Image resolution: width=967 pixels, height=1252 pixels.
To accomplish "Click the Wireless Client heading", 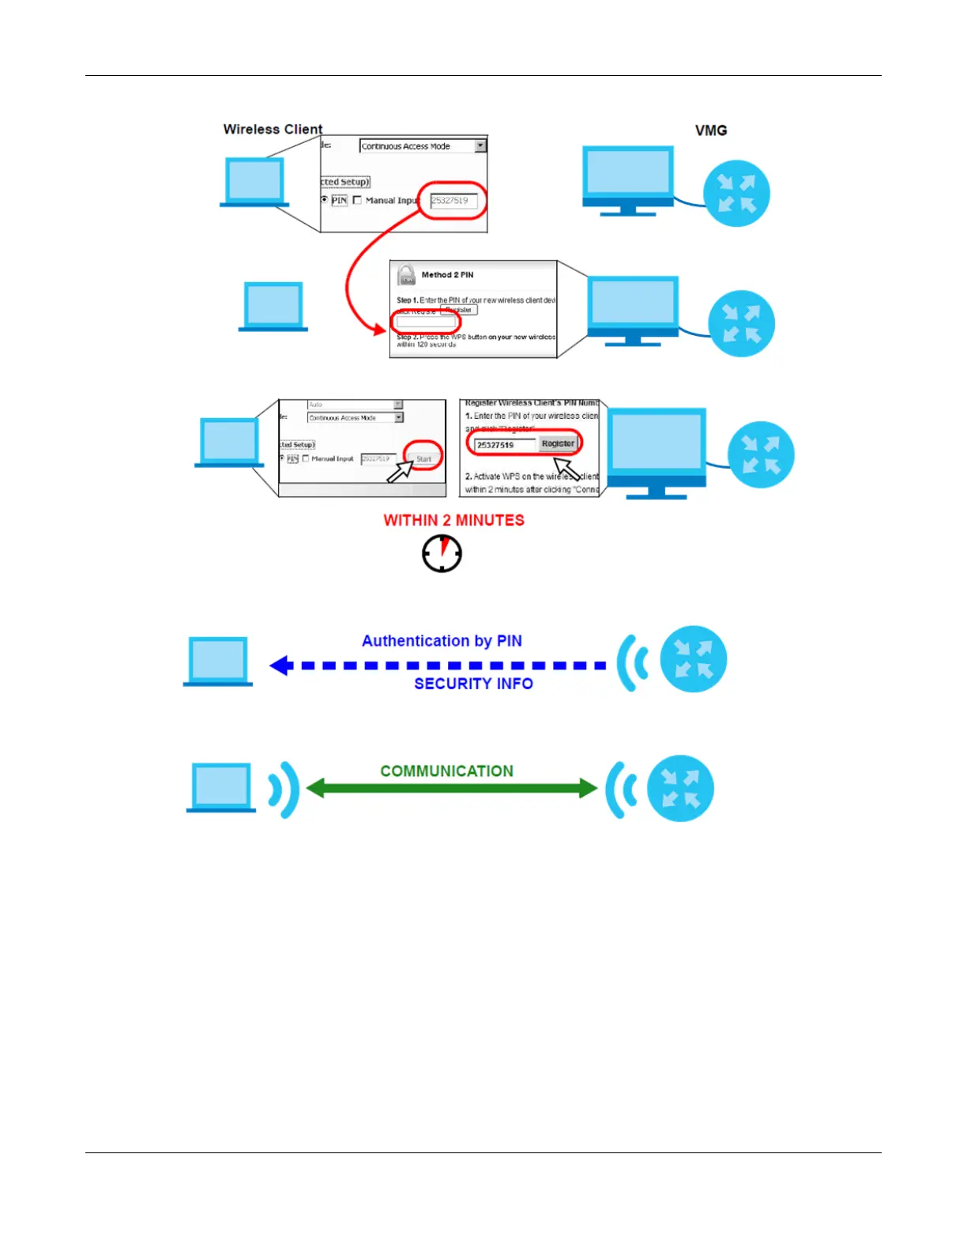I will tap(273, 129).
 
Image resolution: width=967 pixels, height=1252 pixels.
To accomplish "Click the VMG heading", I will tap(711, 130).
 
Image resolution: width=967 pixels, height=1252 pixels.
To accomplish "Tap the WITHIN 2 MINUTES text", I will tap(453, 520).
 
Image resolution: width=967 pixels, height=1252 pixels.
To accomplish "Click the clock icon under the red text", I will tap(442, 553).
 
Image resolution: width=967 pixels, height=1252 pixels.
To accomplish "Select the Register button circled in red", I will tap(558, 443).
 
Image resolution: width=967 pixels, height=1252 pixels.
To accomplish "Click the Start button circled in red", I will tap(424, 458).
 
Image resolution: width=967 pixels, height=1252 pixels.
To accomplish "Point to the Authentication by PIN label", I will tap(442, 641).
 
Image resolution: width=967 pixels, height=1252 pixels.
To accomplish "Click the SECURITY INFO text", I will tap(473, 684).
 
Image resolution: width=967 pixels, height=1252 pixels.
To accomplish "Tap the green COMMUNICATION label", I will tap(446, 771).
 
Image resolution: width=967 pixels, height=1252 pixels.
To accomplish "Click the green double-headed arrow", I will tap(451, 788).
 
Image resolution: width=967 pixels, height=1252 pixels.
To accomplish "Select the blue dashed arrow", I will tap(438, 666).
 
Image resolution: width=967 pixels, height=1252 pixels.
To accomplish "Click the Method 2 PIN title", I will tap(447, 275).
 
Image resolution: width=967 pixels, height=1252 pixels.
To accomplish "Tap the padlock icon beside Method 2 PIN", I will tap(406, 275).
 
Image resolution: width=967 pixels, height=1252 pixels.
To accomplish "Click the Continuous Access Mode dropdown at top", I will tap(423, 146).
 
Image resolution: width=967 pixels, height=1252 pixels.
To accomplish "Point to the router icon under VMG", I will tap(736, 194).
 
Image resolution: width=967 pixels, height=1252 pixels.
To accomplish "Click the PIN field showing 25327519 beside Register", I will tap(504, 445).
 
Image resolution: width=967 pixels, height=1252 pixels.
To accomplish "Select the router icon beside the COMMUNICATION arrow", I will tap(680, 789).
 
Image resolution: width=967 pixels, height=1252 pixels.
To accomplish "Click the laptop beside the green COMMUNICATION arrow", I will tap(221, 787).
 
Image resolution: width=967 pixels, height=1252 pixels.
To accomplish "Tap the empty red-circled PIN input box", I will tap(426, 322).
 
